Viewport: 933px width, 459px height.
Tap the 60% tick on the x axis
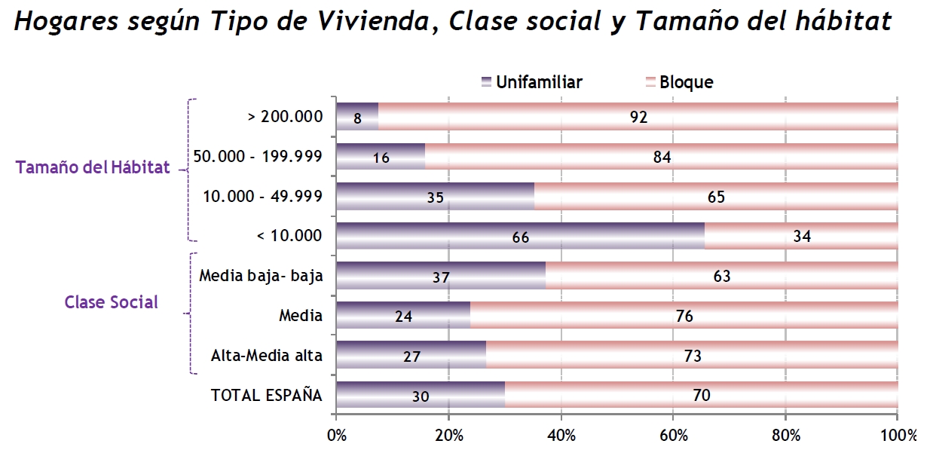pos(673,435)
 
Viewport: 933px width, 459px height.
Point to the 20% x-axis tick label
pos(448,435)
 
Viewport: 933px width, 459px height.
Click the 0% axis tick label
pos(336,435)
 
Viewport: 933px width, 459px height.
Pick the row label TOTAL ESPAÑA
pos(266,395)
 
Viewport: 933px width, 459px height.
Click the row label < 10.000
pos(289,236)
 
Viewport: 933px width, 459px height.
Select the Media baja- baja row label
pos(261,276)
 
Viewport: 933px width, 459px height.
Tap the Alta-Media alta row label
pos(267,356)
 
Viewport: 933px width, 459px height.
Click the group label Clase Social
pos(112,302)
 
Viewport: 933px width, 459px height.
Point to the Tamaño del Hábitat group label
pos(93,168)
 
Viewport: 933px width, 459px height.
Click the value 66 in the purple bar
pos(521,237)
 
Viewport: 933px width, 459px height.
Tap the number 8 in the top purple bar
pos(357,118)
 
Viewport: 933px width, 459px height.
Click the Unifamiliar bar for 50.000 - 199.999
pos(381,156)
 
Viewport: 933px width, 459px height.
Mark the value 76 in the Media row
pos(684,317)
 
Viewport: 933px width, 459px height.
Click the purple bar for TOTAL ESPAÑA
pos(420,395)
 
